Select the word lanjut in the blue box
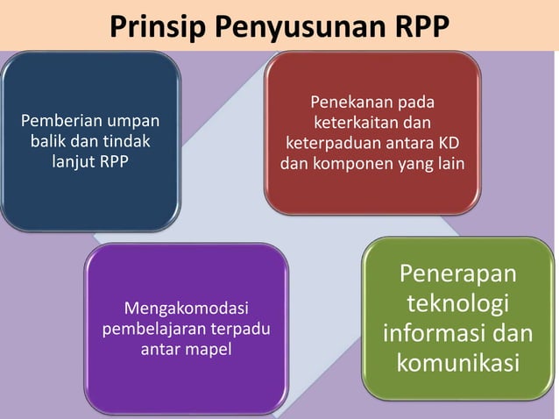click(x=72, y=160)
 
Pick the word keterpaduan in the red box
click(x=329, y=144)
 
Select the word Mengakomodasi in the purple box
click(x=187, y=309)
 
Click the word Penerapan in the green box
click(x=457, y=276)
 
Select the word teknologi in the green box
click(x=457, y=305)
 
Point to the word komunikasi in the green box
click(x=457, y=363)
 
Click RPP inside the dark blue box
click(x=115, y=160)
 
